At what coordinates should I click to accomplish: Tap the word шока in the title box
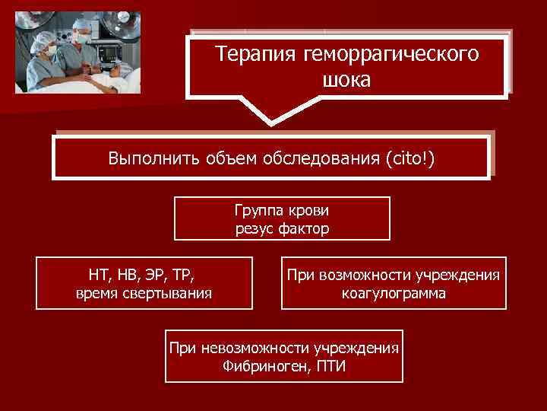tap(346, 80)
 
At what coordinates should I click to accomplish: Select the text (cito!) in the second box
tap(411, 159)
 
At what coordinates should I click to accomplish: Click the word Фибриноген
tap(263, 366)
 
